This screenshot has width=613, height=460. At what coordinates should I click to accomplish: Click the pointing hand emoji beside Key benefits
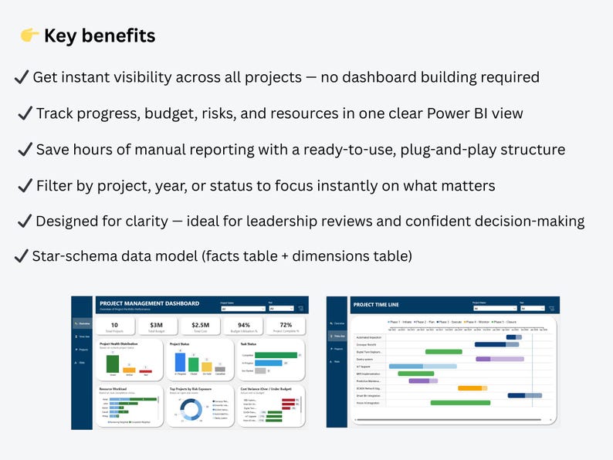point(28,36)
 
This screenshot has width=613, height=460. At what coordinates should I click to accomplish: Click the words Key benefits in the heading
point(100,36)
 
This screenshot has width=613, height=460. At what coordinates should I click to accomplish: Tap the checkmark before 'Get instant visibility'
point(22,77)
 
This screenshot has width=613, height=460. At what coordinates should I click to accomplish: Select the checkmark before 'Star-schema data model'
point(22,255)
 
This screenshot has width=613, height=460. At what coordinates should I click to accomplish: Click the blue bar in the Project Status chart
point(180,362)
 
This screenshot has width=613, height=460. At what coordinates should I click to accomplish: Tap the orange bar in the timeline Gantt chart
point(469,388)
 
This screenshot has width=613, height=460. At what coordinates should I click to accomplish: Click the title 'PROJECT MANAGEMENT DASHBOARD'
point(148,303)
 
